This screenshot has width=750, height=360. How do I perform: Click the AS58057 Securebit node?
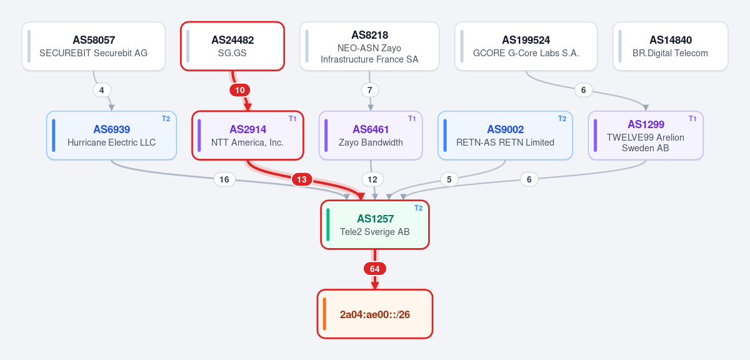[x=93, y=46]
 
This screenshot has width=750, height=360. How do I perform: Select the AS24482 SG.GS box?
[x=232, y=46]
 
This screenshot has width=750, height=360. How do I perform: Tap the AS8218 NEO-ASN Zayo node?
[x=369, y=46]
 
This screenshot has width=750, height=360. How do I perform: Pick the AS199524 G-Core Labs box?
[x=526, y=46]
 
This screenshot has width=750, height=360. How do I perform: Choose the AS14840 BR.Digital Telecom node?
[x=670, y=46]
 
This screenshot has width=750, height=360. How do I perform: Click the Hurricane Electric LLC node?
[x=111, y=135]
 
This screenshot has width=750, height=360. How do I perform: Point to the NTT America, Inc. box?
[x=247, y=135]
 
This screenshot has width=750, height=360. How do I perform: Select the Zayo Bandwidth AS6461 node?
[x=371, y=135]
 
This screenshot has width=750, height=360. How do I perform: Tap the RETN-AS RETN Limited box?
[x=505, y=135]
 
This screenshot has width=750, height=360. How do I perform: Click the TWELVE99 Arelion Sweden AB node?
[x=646, y=135]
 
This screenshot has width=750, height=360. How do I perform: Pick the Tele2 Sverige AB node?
[x=375, y=225]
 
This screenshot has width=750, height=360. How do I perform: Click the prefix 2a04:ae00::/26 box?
[x=375, y=314]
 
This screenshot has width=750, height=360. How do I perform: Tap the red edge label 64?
[x=375, y=269]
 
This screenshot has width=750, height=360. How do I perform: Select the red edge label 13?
[x=302, y=179]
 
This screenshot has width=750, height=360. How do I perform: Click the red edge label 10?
[x=240, y=90]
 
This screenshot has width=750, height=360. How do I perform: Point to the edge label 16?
[x=224, y=179]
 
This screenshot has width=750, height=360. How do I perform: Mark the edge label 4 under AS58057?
[x=102, y=90]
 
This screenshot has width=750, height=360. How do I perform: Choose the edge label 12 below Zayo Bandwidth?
[x=372, y=179]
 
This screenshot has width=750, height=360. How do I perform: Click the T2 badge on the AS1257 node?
[x=419, y=208]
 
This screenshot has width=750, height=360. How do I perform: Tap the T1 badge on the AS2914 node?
[x=292, y=119]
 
